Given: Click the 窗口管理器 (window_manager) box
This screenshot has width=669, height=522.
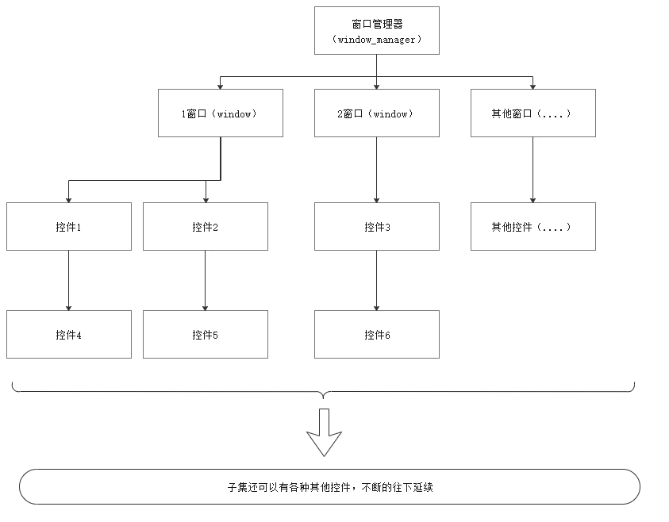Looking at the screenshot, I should pyautogui.click(x=376, y=31).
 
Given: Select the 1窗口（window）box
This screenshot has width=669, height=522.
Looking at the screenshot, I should pyautogui.click(x=220, y=113).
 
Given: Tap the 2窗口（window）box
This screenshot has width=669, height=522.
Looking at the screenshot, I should pyautogui.click(x=376, y=113).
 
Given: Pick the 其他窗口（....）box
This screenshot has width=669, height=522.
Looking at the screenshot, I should pyautogui.click(x=533, y=113).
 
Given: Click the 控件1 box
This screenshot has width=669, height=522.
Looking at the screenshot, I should pyautogui.click(x=69, y=227).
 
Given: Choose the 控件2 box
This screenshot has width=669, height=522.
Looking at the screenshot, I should pyautogui.click(x=205, y=227).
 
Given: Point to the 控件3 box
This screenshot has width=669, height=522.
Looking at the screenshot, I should pyautogui.click(x=376, y=227).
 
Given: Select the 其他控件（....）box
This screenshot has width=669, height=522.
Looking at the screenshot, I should pyautogui.click(x=533, y=227).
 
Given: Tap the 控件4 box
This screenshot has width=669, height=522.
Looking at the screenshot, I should pyautogui.click(x=69, y=335).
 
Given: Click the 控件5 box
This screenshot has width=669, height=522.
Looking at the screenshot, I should pyautogui.click(x=205, y=335).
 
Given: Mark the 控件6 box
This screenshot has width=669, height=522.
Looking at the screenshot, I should pyautogui.click(x=376, y=335).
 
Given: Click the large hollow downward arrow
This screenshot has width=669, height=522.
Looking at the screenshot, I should pyautogui.click(x=324, y=432).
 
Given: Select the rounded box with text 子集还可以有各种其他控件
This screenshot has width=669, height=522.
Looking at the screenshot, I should pyautogui.click(x=329, y=486).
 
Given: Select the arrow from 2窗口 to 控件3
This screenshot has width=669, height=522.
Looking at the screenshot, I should pyautogui.click(x=376, y=170).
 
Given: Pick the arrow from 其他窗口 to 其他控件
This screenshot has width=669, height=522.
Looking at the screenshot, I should pyautogui.click(x=533, y=170).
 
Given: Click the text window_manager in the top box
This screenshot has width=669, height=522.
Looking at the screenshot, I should pyautogui.click(x=376, y=40).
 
